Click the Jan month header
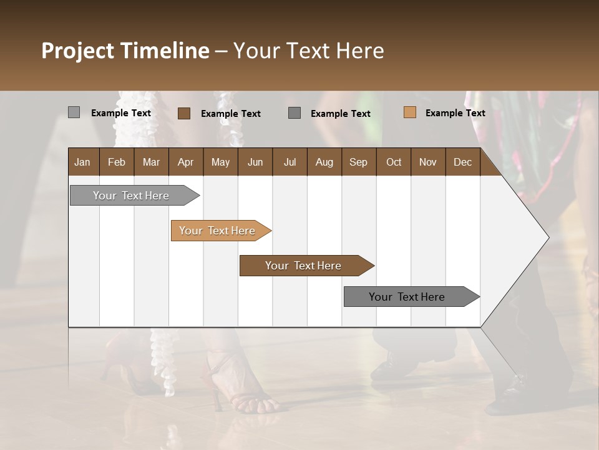click(x=82, y=162)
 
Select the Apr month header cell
click(x=185, y=162)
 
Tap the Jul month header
click(x=290, y=162)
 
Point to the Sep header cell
click(x=358, y=162)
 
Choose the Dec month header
click(x=462, y=162)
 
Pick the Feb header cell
click(x=117, y=162)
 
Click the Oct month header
click(x=394, y=162)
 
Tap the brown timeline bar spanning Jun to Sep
click(x=304, y=266)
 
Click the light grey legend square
click(x=74, y=112)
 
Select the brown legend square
click(x=183, y=113)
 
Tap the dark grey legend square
click(x=295, y=113)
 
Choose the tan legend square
click(x=409, y=112)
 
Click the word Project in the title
click(x=77, y=51)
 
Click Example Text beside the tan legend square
click(x=455, y=113)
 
